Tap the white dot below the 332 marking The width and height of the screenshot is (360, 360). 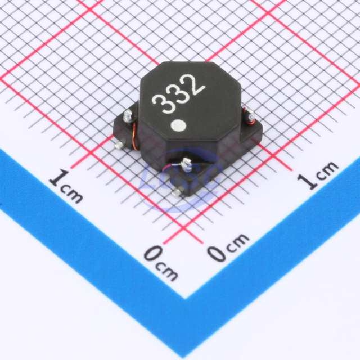178,125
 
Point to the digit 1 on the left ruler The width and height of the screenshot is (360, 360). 58,178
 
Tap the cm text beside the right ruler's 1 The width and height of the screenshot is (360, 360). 326,170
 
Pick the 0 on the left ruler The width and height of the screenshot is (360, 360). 153,254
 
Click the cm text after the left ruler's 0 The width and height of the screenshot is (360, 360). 166,272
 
